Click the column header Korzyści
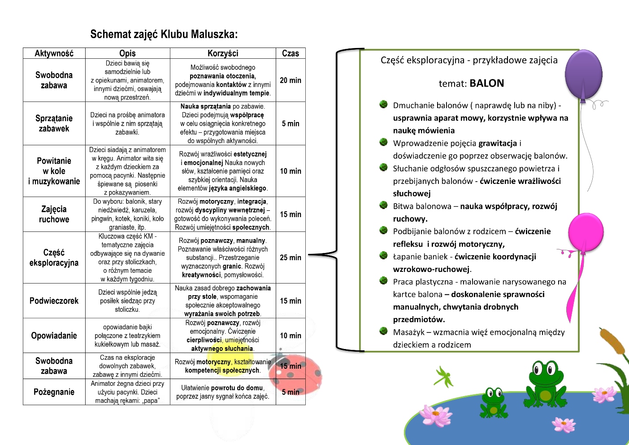[223, 53]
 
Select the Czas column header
[291, 53]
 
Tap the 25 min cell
[291, 257]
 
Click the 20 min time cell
[291, 80]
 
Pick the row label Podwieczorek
[54, 301]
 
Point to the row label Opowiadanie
[54, 336]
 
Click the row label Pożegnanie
[54, 392]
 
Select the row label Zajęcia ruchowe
[54, 214]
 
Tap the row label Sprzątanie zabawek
[54, 123]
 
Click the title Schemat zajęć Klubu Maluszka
[164, 34]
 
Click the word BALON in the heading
[487, 83]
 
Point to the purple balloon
[583, 74]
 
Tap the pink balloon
[586, 232]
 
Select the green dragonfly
[444, 377]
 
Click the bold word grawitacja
[498, 144]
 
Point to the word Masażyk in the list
[408, 332]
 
